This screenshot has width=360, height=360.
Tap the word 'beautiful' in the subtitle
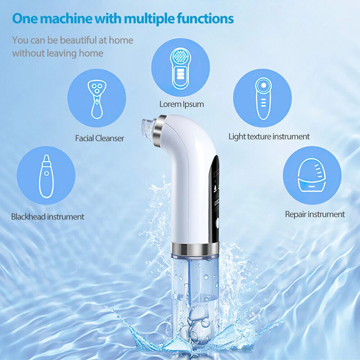tap(78, 40)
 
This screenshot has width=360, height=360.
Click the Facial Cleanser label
tap(99, 138)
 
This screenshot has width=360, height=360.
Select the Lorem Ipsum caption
tap(181, 104)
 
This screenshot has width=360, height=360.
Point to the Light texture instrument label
tap(269, 136)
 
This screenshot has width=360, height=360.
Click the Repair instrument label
tap(315, 214)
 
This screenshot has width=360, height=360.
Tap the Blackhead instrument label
tap(48, 216)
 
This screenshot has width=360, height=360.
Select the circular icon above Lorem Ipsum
tap(180, 67)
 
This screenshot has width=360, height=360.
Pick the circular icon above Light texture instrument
tap(262, 98)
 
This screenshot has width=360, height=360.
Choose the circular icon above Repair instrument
tap(312, 175)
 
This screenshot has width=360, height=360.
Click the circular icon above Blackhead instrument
tap(46, 175)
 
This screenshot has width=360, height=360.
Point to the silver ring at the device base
tap(195, 248)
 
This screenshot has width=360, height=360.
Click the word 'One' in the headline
tap(25, 18)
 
